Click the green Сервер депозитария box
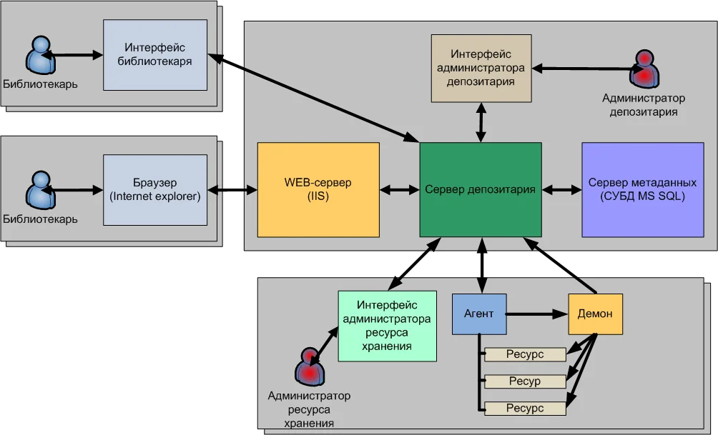(480, 189)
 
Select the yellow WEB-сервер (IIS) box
(318, 189)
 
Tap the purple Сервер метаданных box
(642, 189)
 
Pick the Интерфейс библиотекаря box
(155, 54)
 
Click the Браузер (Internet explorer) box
(155, 189)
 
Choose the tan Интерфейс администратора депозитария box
(481, 69)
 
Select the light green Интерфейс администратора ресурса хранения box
(387, 326)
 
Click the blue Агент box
(479, 314)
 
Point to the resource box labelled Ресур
(525, 381)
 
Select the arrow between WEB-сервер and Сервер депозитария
(399, 190)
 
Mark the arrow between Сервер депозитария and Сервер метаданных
(561, 190)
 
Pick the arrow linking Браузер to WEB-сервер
(232, 190)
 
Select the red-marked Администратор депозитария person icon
(644, 68)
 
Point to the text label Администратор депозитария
(644, 105)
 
